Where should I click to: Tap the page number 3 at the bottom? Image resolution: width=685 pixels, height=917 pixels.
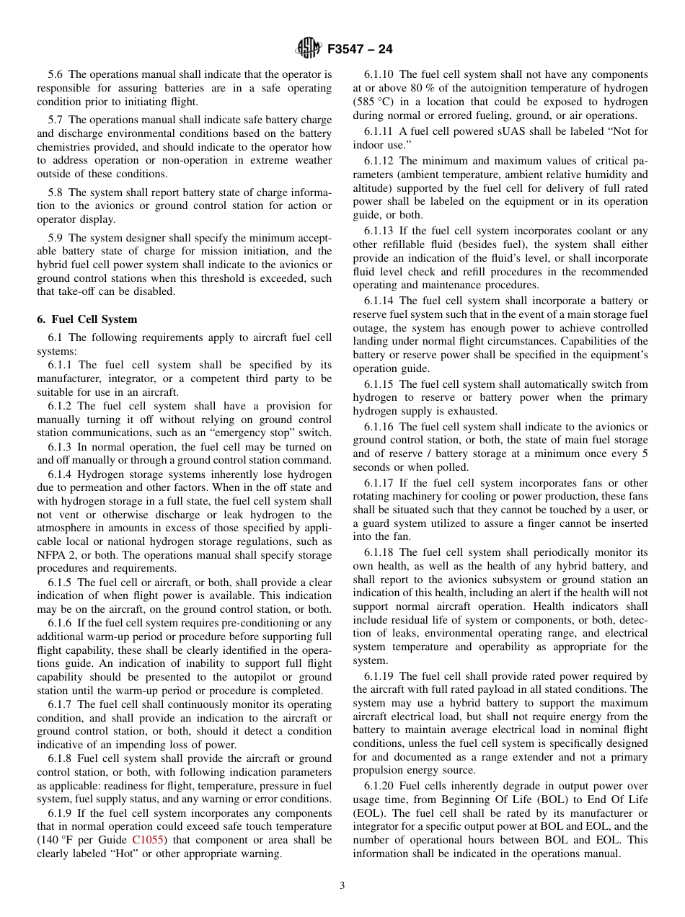tap(342, 885)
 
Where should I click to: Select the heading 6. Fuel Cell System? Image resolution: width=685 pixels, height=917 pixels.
tap(87, 319)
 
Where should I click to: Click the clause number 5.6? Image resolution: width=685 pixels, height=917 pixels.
tap(56, 74)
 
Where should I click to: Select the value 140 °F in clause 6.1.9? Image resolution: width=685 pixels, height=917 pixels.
tap(58, 840)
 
